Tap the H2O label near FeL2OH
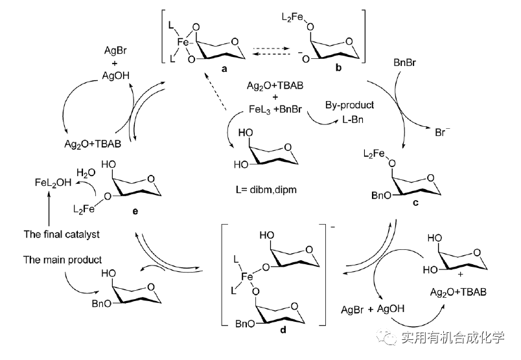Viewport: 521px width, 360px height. coord(86,173)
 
